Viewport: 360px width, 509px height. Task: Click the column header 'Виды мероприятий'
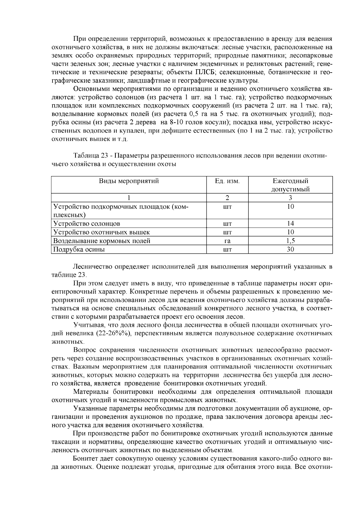129,181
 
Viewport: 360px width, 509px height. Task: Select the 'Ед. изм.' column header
227,181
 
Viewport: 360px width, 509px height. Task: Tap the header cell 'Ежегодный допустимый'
290,185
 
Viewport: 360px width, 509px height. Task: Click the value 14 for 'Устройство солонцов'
290,223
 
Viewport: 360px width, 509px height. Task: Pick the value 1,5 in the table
290,241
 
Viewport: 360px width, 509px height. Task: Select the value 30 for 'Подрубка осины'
290,250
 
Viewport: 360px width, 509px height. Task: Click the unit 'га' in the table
227,241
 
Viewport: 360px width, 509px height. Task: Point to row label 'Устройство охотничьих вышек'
101,232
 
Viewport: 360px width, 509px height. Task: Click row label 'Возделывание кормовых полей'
102,241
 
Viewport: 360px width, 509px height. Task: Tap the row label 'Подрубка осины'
79,250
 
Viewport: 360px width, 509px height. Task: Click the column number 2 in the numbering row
227,198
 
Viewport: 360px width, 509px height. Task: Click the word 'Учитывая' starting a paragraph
87,325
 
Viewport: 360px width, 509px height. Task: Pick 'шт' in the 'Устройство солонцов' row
227,224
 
